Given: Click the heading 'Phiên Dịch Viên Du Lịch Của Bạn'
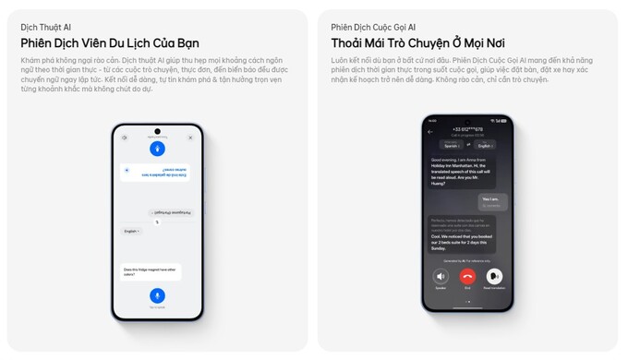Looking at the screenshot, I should coord(110,43).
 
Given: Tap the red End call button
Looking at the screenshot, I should coord(467,276).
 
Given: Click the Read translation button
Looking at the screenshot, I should coord(494,276).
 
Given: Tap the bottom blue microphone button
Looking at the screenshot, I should coord(157,295).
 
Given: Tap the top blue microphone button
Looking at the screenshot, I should coord(157,149).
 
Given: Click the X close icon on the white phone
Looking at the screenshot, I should coord(190,138).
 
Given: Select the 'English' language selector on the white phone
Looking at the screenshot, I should coord(132,231).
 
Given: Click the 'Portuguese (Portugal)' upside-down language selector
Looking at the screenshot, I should coord(169,211).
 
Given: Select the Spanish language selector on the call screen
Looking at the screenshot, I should coord(452,145).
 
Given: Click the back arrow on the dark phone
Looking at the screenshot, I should coord(430,132).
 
